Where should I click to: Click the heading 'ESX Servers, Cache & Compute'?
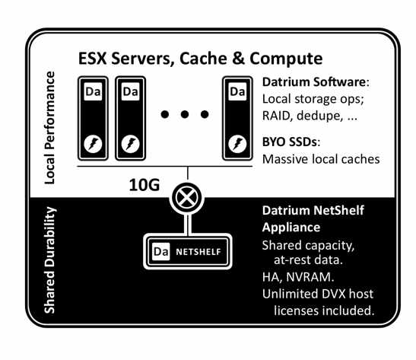pyautogui.click(x=201, y=59)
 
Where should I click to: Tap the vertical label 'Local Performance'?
pyautogui.click(x=49, y=128)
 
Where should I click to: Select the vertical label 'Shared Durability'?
pyautogui.click(x=49, y=260)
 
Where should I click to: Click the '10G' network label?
pyautogui.click(x=144, y=185)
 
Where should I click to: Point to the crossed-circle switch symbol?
pyautogui.click(x=187, y=198)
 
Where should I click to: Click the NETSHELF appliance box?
pyautogui.click(x=188, y=251)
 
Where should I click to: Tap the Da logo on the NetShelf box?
pyautogui.click(x=161, y=251)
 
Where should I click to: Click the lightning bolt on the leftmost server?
pyautogui.click(x=93, y=144)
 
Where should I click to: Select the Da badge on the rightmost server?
pyautogui.click(x=237, y=91)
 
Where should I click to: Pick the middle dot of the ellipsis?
pyautogui.click(x=185, y=114)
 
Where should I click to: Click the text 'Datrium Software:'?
pyautogui.click(x=316, y=82)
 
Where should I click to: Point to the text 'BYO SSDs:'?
pyautogui.click(x=291, y=142)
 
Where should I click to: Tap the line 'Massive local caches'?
pyautogui.click(x=321, y=159)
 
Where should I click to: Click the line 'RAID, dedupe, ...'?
pyautogui.click(x=310, y=116)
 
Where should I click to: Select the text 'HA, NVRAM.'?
pyautogui.click(x=298, y=277)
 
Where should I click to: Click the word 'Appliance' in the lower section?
pyautogui.click(x=291, y=228)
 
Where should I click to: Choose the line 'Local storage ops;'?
pyautogui.click(x=313, y=99)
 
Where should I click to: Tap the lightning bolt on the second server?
pyautogui.click(x=130, y=144)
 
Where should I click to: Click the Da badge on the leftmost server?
pyautogui.click(x=93, y=91)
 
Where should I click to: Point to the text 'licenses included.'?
pyautogui.click(x=324, y=311)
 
